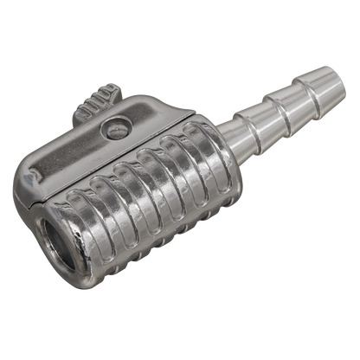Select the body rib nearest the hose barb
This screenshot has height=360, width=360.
pyautogui.click(x=204, y=160)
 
